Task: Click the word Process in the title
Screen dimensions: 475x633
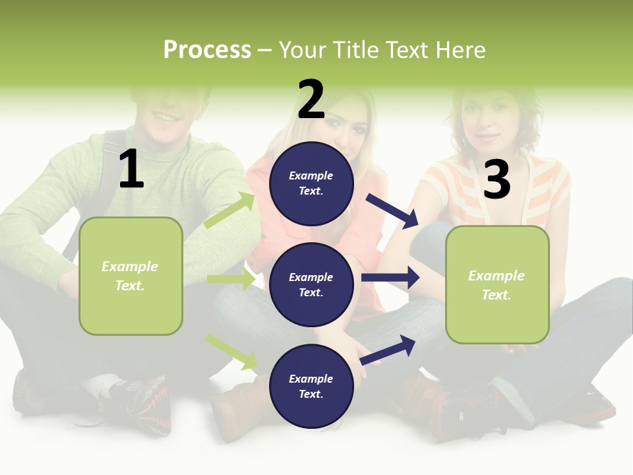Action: [207, 50]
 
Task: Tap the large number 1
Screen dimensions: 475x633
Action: [131, 169]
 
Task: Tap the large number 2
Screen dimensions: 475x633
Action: [311, 100]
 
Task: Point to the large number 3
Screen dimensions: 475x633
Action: [497, 179]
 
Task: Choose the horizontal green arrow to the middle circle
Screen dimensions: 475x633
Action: [231, 279]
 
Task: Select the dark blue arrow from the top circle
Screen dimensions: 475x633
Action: [392, 210]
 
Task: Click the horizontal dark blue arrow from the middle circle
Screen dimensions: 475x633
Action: [390, 278]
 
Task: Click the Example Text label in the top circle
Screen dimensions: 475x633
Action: [311, 183]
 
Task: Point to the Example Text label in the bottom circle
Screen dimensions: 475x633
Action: [311, 386]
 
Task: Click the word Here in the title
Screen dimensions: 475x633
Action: [460, 50]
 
